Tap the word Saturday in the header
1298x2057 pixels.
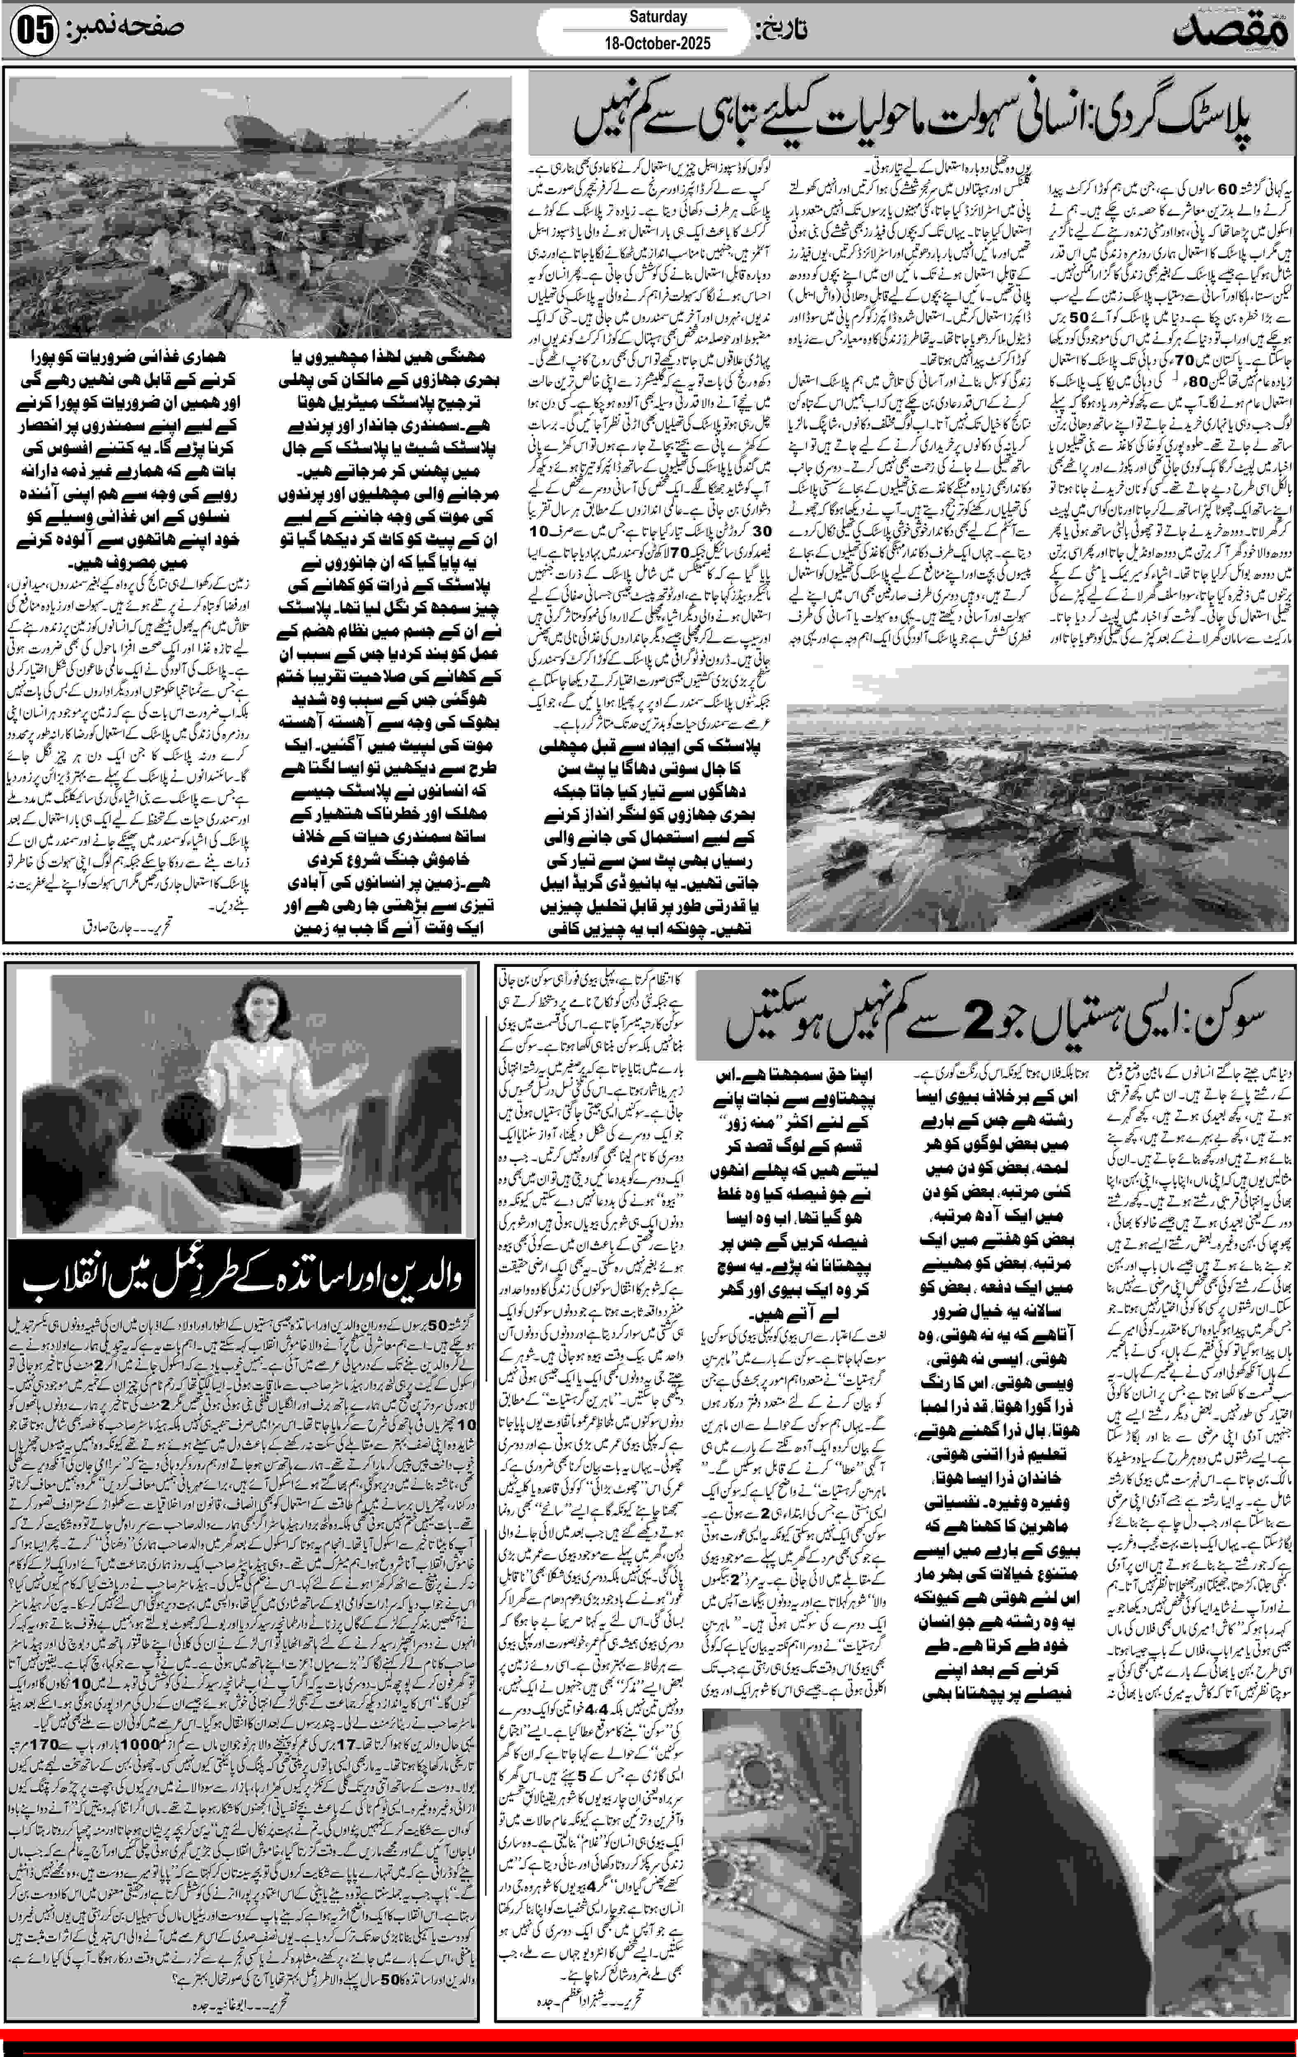(x=658, y=16)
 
